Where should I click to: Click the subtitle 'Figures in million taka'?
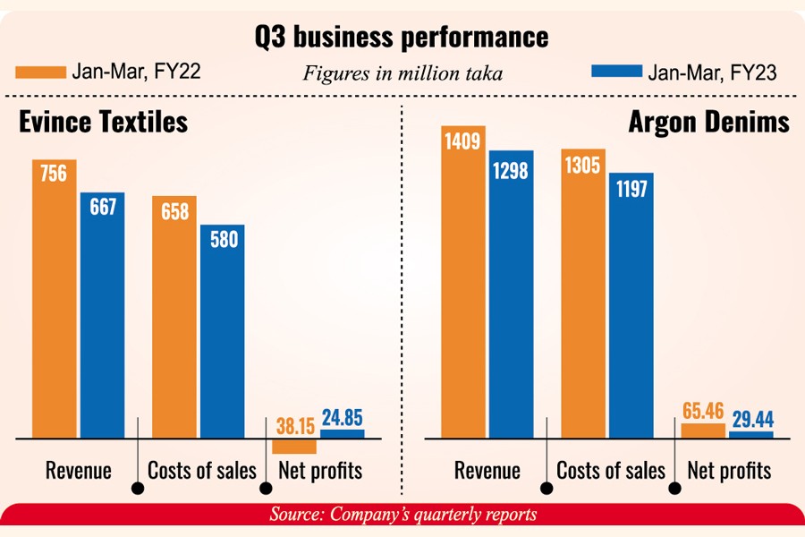[402, 74]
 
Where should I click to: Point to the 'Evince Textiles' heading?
[104, 120]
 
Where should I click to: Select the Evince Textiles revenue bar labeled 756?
[54, 300]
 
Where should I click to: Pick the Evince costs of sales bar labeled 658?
[174, 317]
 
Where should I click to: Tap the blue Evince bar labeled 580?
[222, 331]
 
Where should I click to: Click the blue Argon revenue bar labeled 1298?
[511, 294]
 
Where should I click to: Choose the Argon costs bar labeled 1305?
[583, 294]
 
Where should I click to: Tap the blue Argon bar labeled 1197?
[631, 305]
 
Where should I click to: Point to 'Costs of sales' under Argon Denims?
[611, 471]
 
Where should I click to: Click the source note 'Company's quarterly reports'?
[402, 516]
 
